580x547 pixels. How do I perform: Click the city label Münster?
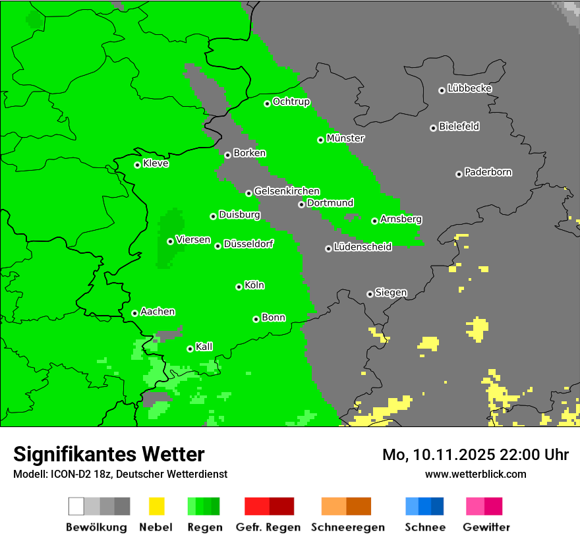(345, 138)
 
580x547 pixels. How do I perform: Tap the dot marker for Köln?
(239, 287)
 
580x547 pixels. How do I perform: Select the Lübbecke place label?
(469, 88)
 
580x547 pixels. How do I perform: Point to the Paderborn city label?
(488, 172)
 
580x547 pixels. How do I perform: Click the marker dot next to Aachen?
(134, 313)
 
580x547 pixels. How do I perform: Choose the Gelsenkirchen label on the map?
(287, 191)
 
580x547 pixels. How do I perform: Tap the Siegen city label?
(391, 293)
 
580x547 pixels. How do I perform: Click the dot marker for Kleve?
(137, 165)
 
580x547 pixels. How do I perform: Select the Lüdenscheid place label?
(362, 247)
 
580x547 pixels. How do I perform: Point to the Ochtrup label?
(291, 101)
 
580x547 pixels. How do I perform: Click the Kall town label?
(204, 347)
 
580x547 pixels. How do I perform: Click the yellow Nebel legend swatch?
(156, 506)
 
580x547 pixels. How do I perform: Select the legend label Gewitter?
(486, 527)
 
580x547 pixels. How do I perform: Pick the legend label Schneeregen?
(347, 527)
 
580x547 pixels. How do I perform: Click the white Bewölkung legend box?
(76, 506)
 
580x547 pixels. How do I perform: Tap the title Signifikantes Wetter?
(109, 454)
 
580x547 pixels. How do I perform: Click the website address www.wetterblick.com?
(475, 474)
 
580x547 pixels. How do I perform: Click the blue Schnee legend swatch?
(424, 506)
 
